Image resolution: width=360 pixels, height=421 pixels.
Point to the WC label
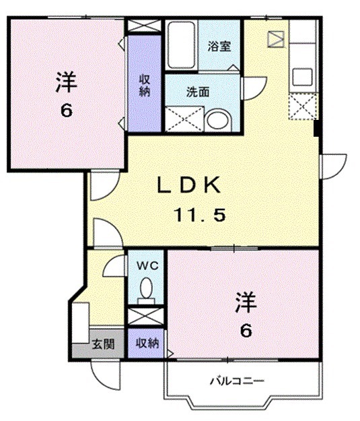pos(147,265)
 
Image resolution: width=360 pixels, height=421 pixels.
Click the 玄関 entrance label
pos(102,344)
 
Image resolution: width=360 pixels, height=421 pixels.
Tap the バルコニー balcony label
pos(236,381)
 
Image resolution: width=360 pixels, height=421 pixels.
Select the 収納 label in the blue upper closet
pos(144,86)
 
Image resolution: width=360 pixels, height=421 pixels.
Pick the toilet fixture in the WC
pos(146,290)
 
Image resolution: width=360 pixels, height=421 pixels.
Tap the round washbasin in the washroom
pos(217,121)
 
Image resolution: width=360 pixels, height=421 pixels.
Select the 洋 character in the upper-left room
pos(65,83)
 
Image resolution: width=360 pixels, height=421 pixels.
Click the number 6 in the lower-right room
pos(246,330)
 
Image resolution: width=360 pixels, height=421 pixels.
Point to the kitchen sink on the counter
pos(300,75)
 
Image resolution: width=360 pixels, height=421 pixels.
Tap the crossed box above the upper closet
pos(144,26)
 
